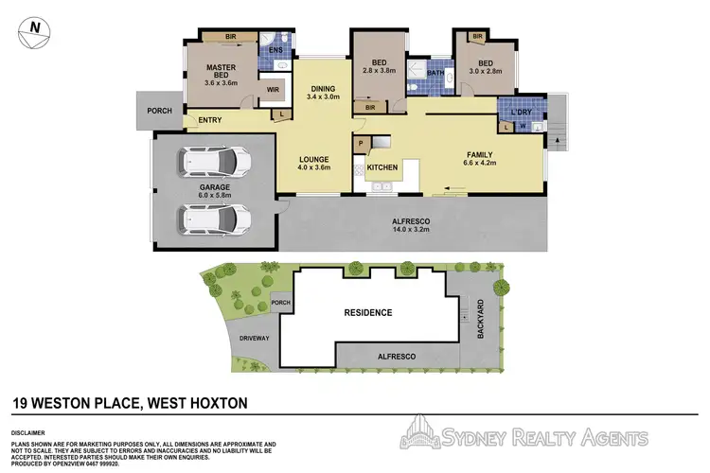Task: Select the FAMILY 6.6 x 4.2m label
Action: pos(480,158)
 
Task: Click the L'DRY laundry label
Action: pos(521,113)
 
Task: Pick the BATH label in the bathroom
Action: pos(435,72)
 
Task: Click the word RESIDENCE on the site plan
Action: pos(367,311)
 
